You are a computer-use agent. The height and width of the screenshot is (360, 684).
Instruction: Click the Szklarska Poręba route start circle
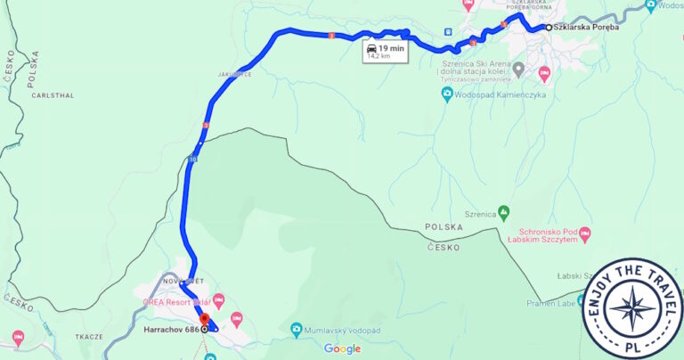pos(549,28)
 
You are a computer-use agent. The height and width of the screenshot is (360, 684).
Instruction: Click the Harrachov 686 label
pos(171,329)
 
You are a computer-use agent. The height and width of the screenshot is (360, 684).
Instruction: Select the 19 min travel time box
pos(386,53)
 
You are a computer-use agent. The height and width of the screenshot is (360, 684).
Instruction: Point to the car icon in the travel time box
pos(371,48)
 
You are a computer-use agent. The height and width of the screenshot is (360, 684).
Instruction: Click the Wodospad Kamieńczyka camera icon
pos(447,93)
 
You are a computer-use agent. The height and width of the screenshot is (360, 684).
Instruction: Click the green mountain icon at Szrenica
pos(503,212)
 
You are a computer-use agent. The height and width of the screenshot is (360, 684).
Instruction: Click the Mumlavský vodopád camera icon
pos(297,330)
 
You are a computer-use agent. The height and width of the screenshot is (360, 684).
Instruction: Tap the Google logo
pos(342,348)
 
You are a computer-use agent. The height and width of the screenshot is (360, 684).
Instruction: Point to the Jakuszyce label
pos(234,75)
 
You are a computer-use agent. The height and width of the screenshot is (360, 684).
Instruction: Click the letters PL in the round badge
pos(633,347)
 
